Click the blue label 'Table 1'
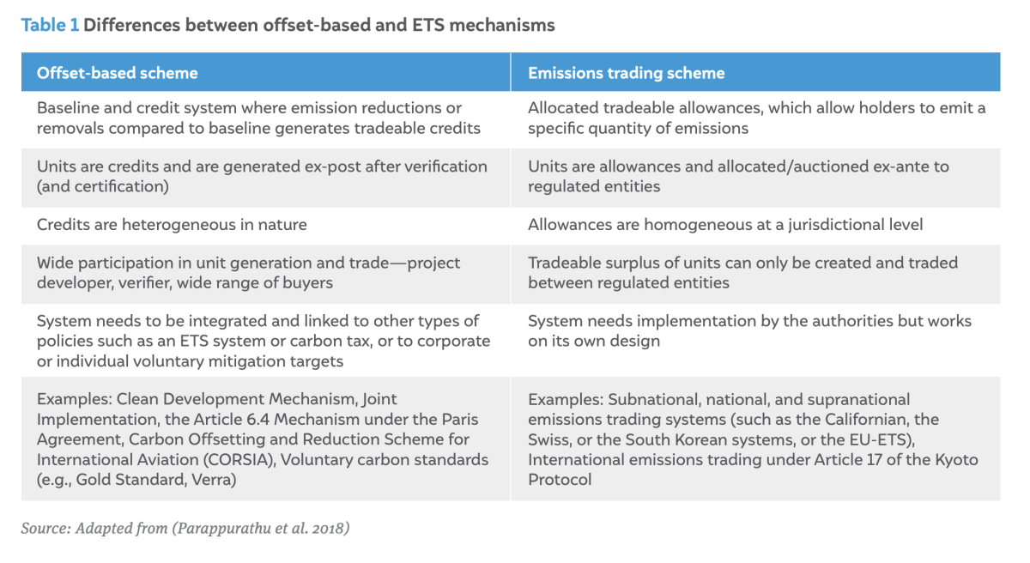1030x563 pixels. [50, 25]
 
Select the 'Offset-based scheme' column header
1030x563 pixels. [118, 73]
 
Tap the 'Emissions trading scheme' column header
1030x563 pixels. [626, 73]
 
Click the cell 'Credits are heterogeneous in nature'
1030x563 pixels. [172, 225]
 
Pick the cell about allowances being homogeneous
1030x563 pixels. [725, 225]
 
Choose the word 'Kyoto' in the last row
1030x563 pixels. [957, 460]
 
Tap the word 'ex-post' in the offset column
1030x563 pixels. [332, 166]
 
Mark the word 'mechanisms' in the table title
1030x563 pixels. [501, 25]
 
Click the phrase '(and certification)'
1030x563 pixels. [102, 186]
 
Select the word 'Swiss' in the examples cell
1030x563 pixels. [548, 439]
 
